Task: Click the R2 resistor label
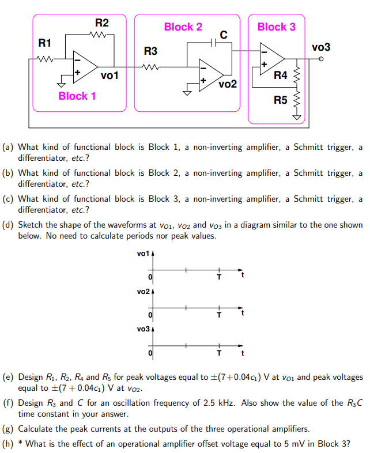click(x=101, y=23)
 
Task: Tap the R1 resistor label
click(x=44, y=43)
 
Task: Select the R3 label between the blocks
click(x=150, y=51)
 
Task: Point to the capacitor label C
click(x=224, y=35)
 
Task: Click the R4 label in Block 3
click(x=281, y=75)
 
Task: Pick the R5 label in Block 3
click(x=281, y=101)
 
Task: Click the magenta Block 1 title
click(x=77, y=96)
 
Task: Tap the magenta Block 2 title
click(x=183, y=27)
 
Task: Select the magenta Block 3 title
click(x=276, y=27)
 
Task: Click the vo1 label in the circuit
click(x=110, y=75)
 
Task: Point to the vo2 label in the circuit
click(x=228, y=84)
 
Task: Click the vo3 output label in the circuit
click(x=321, y=47)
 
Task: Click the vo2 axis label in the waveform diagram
click(x=144, y=292)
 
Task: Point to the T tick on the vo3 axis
click(x=218, y=353)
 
